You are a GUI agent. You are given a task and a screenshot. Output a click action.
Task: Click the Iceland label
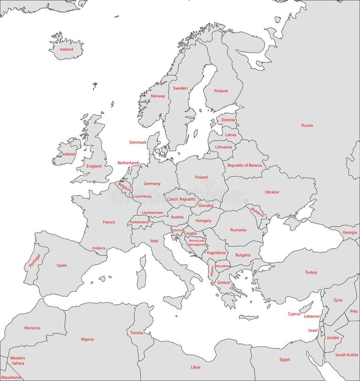click(67, 49)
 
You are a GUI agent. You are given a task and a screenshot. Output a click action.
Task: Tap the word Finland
click(221, 91)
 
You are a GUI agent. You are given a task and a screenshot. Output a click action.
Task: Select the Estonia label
click(228, 120)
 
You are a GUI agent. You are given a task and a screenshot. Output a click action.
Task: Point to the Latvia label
click(231, 134)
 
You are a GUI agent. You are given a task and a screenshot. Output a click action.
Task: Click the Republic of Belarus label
click(245, 165)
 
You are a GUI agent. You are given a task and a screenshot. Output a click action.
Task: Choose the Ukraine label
click(272, 192)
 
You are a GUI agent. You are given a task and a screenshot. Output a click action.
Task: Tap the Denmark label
click(138, 142)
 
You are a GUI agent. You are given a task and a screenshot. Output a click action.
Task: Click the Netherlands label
click(128, 163)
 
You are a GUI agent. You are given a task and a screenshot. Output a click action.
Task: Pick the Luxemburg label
click(142, 196)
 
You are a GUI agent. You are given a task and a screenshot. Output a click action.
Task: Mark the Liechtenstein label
click(153, 212)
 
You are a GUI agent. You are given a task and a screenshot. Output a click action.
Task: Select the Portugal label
click(35, 261)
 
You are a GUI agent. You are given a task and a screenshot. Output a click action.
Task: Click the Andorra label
click(99, 248)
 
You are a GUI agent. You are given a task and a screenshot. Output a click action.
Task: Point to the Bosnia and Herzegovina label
click(197, 242)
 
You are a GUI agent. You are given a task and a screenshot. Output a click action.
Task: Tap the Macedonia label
click(223, 266)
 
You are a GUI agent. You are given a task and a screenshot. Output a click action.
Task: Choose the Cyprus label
click(294, 314)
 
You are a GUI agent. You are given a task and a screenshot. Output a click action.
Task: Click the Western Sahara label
click(17, 360)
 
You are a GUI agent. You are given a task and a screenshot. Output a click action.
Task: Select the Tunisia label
click(137, 333)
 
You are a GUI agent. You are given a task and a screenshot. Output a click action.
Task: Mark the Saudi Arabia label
click(346, 355)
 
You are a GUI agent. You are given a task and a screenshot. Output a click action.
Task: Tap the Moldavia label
click(257, 212)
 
